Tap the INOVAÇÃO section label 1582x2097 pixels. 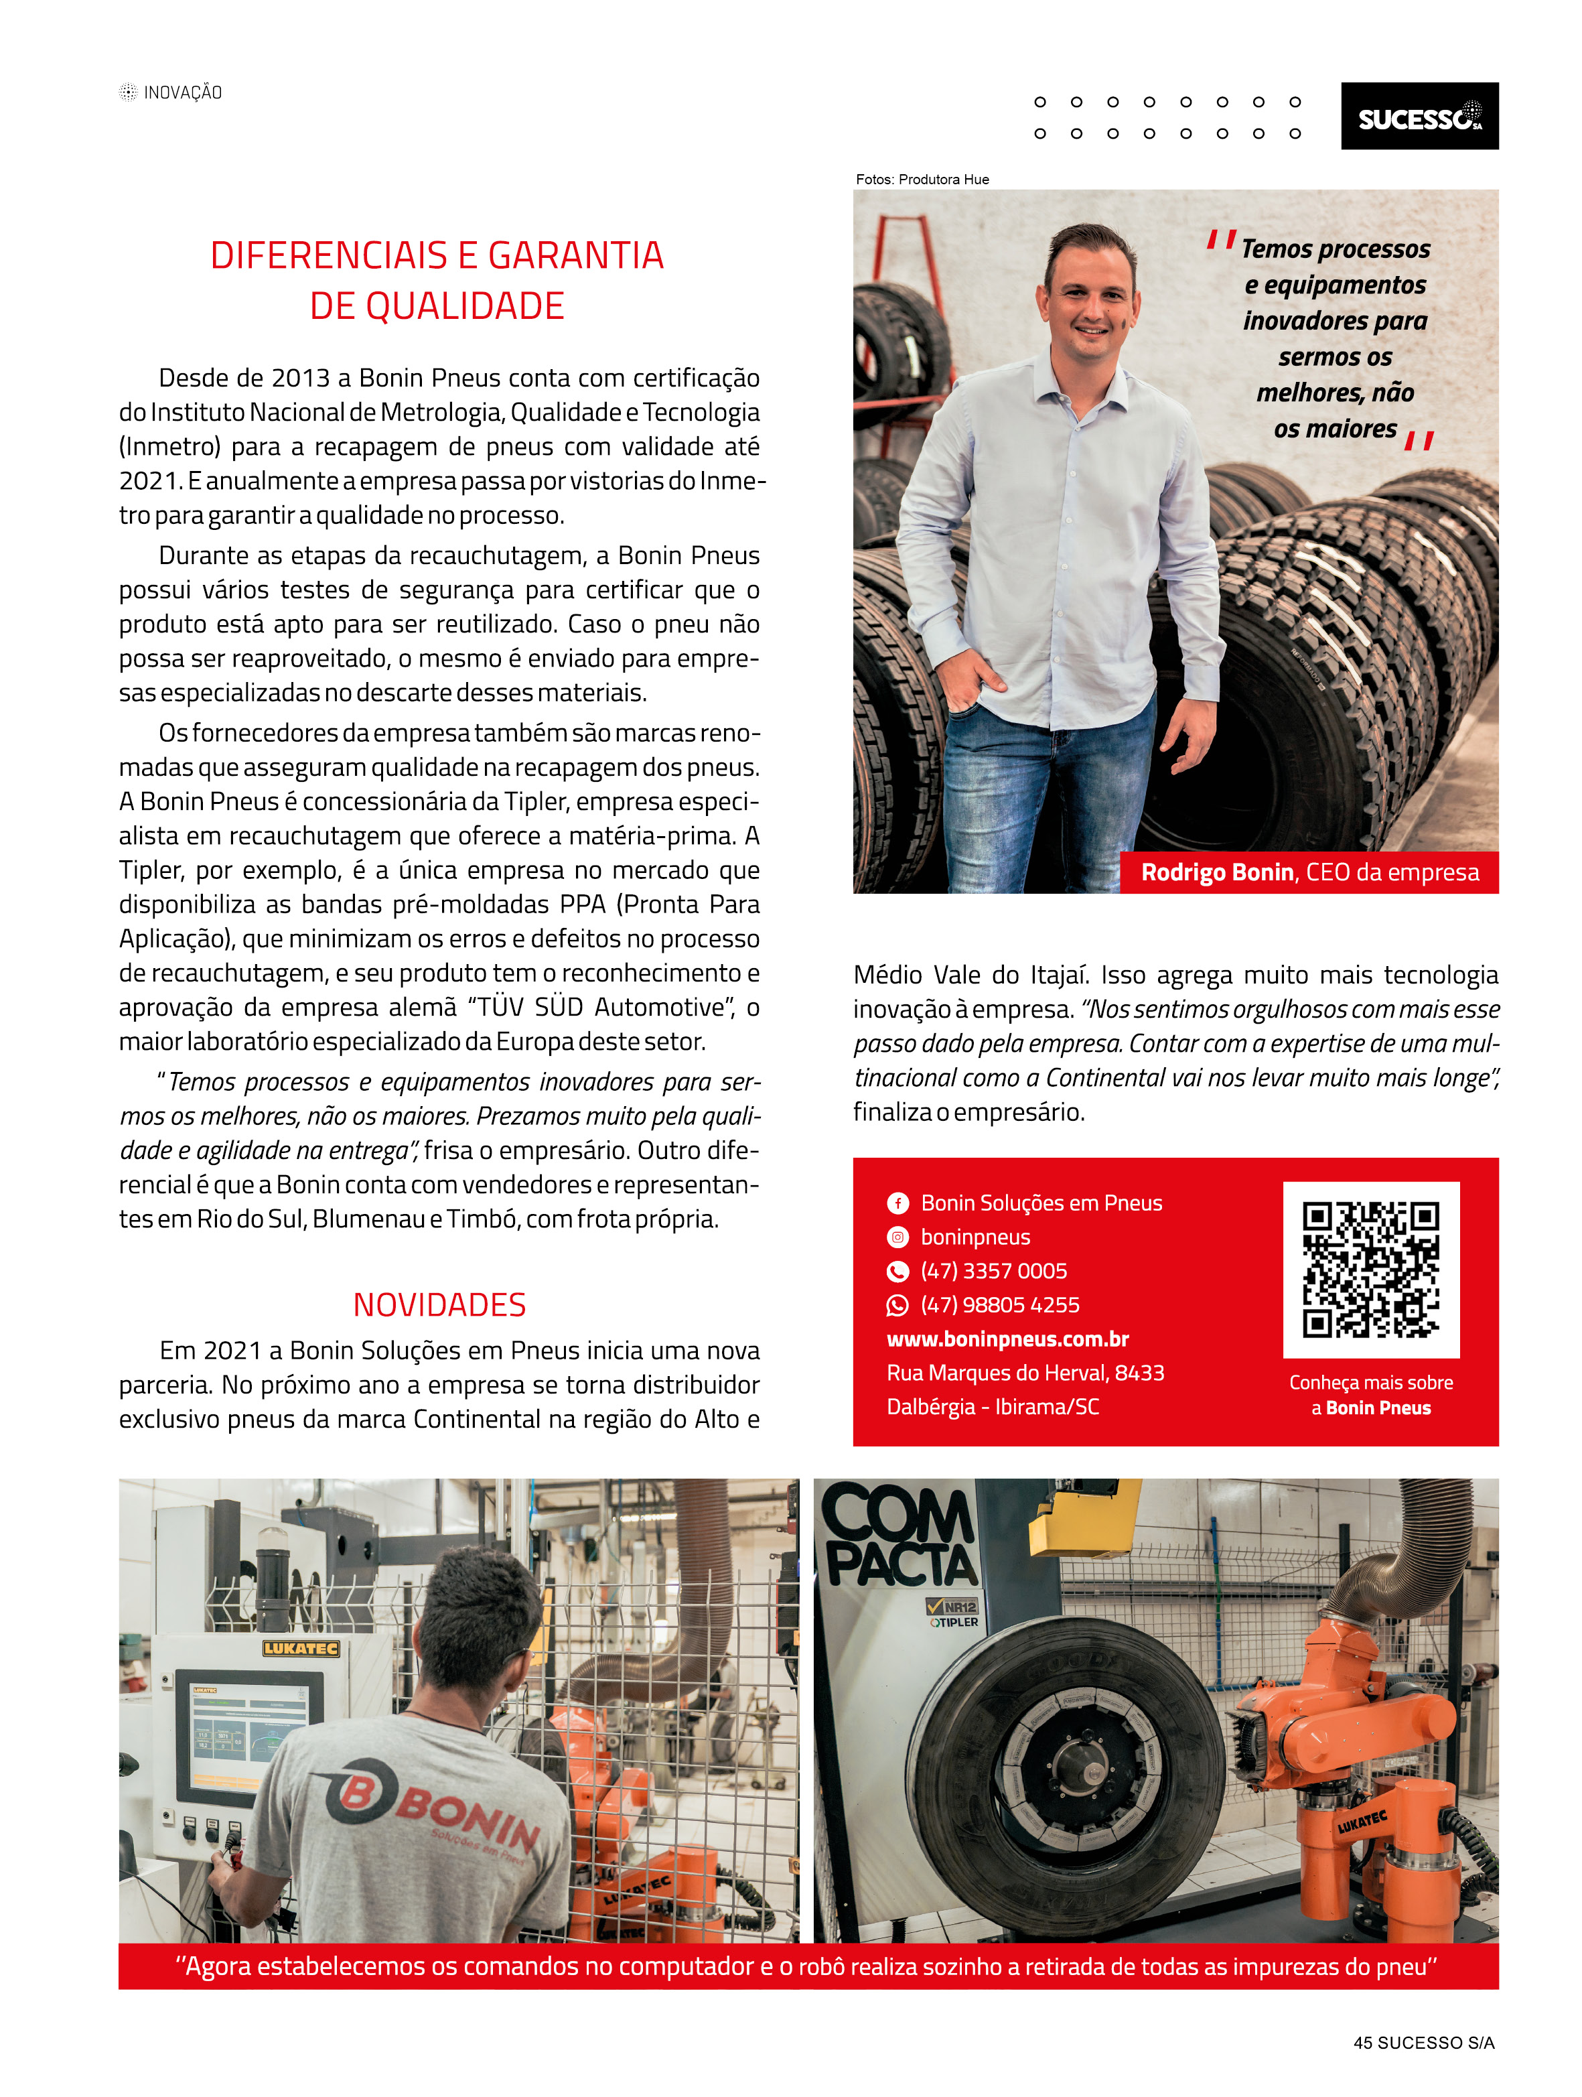point(182,92)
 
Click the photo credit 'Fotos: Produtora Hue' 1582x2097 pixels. point(922,179)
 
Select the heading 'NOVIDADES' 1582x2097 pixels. point(439,1304)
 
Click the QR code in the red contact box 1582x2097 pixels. point(1370,1270)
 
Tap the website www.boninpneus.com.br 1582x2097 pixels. point(1007,1339)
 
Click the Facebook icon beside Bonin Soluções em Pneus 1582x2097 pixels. point(897,1203)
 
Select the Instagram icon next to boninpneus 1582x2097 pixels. point(897,1237)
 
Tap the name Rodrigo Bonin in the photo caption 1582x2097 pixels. point(1216,872)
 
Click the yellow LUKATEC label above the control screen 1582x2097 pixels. point(301,1649)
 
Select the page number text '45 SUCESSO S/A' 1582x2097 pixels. point(1423,2042)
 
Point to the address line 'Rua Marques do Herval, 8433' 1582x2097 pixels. point(1025,1373)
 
